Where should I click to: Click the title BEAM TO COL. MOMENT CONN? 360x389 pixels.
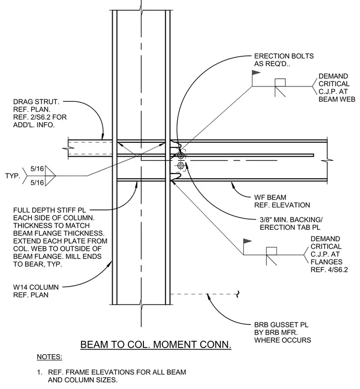click(x=156, y=344)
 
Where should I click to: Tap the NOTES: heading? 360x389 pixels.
click(x=49, y=357)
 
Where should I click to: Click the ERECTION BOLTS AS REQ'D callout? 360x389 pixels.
click(x=284, y=60)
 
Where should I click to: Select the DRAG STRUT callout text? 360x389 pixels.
click(x=40, y=113)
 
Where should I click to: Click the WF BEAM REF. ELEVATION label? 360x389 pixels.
click(x=282, y=201)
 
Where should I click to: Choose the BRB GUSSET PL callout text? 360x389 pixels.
click(x=283, y=332)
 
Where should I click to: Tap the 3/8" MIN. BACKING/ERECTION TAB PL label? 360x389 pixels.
click(x=291, y=223)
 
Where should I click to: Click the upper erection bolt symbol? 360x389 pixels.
click(x=181, y=155)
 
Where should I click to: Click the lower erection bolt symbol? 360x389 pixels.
click(x=181, y=165)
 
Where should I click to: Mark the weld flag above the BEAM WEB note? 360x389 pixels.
click(x=256, y=73)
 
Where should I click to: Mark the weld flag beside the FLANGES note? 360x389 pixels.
click(x=247, y=241)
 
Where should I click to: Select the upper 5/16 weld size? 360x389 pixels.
click(x=37, y=169)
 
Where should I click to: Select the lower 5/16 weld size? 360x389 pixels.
click(x=37, y=183)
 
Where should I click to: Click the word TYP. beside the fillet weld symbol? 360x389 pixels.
click(x=12, y=176)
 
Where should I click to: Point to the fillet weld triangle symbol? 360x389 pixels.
click(x=50, y=176)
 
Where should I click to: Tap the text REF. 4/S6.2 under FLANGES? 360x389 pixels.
click(x=329, y=270)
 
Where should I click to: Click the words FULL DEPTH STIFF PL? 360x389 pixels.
click(x=50, y=210)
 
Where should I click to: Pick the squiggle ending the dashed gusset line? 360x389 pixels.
click(x=238, y=294)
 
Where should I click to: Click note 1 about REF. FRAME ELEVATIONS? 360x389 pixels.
click(x=112, y=376)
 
